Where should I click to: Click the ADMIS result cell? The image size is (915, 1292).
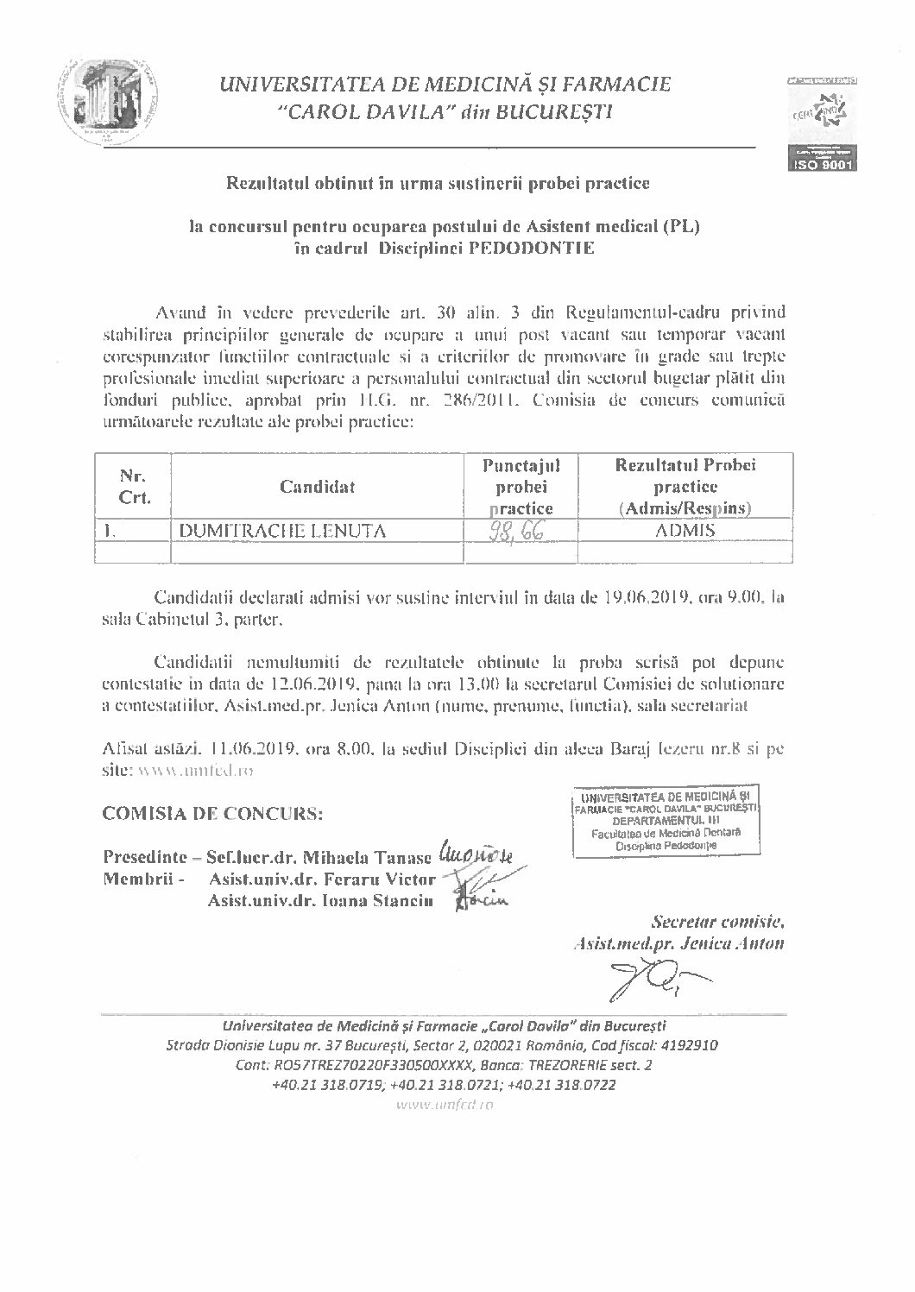click(x=685, y=531)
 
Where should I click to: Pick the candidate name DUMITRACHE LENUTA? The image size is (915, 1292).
click(x=282, y=532)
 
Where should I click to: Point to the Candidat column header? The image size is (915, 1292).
click(x=317, y=487)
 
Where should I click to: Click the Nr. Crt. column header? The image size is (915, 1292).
click(x=132, y=487)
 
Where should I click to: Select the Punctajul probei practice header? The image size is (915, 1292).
click(x=521, y=487)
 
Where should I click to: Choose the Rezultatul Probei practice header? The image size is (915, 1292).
click(x=685, y=487)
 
